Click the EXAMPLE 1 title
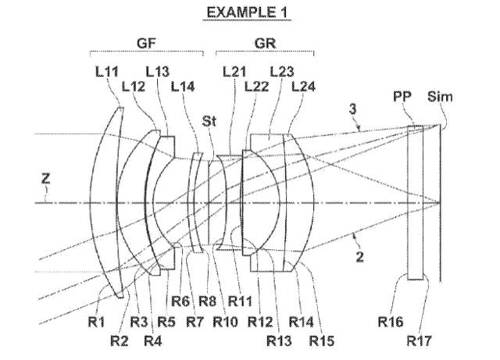click(x=247, y=12)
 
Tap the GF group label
click(x=146, y=43)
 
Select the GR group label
click(x=265, y=43)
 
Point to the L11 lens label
click(x=106, y=72)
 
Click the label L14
click(x=183, y=87)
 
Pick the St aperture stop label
click(x=209, y=121)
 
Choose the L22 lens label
click(x=256, y=87)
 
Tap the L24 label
click(x=303, y=87)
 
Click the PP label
click(x=402, y=96)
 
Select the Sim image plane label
click(x=440, y=97)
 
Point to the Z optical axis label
click(x=46, y=179)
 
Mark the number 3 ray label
click(x=352, y=109)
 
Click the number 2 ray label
click(x=359, y=257)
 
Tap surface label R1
click(x=96, y=322)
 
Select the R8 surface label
click(x=207, y=301)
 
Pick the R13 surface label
click(x=279, y=341)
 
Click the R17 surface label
click(x=419, y=341)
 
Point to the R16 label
click(x=391, y=322)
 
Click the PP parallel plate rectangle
click(x=416, y=203)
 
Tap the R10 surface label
click(x=225, y=322)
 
